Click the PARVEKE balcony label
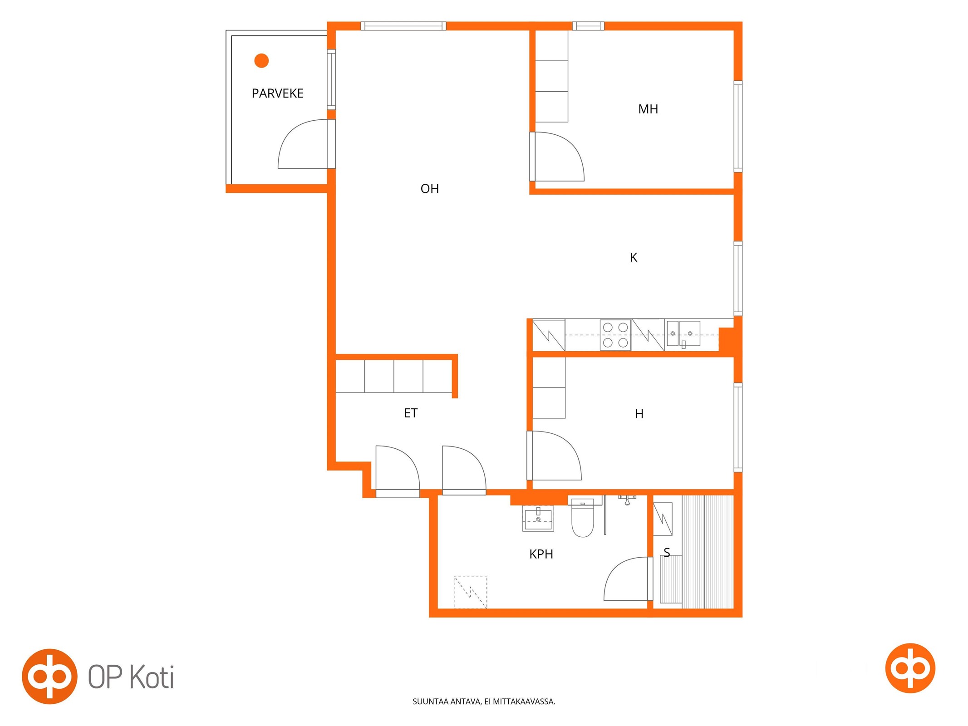click(277, 93)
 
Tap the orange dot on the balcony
click(261, 60)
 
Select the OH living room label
click(429, 189)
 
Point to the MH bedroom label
click(648, 109)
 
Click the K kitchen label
click(634, 258)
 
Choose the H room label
click(639, 414)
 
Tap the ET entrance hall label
click(411, 413)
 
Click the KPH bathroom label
click(541, 554)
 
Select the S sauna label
click(667, 552)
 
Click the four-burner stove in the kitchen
click(615, 335)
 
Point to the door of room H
click(555, 456)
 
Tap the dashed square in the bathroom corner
click(470, 592)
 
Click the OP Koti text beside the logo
click(131, 677)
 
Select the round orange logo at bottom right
click(910, 668)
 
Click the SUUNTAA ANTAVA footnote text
click(484, 701)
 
